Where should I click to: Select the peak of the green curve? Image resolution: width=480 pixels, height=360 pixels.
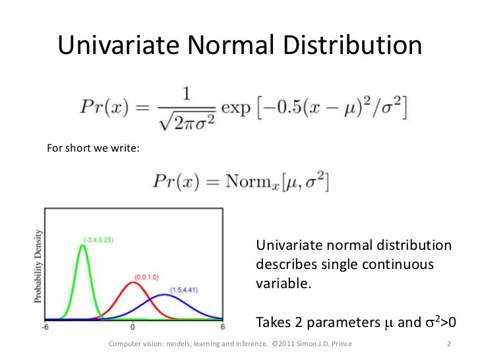pos(83,245)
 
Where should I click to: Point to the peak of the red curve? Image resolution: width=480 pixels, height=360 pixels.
pos(132,283)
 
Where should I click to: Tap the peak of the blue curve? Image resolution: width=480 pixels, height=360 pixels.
pos(165,295)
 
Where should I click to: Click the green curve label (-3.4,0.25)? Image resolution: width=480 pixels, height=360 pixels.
pos(98,239)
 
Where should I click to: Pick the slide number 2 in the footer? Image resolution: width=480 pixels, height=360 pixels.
pos(448,344)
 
